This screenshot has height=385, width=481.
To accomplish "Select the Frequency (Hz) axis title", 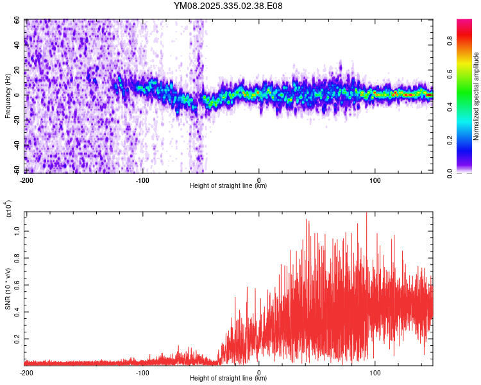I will pos(8,96).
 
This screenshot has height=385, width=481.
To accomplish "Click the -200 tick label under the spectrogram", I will pos(26,180).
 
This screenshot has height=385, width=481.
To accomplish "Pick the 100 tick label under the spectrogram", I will pos(375,180).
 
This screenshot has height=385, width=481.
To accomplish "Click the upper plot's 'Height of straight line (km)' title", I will pos(229,186).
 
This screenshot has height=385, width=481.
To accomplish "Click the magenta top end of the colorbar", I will pos(464,22).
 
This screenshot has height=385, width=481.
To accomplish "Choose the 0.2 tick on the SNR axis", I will pos(19,339).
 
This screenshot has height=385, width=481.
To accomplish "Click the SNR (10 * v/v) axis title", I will pos(8,289).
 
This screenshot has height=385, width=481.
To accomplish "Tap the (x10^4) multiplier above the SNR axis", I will pos(9,209).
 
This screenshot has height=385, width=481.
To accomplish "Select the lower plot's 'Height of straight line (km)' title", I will pos(229,379).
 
